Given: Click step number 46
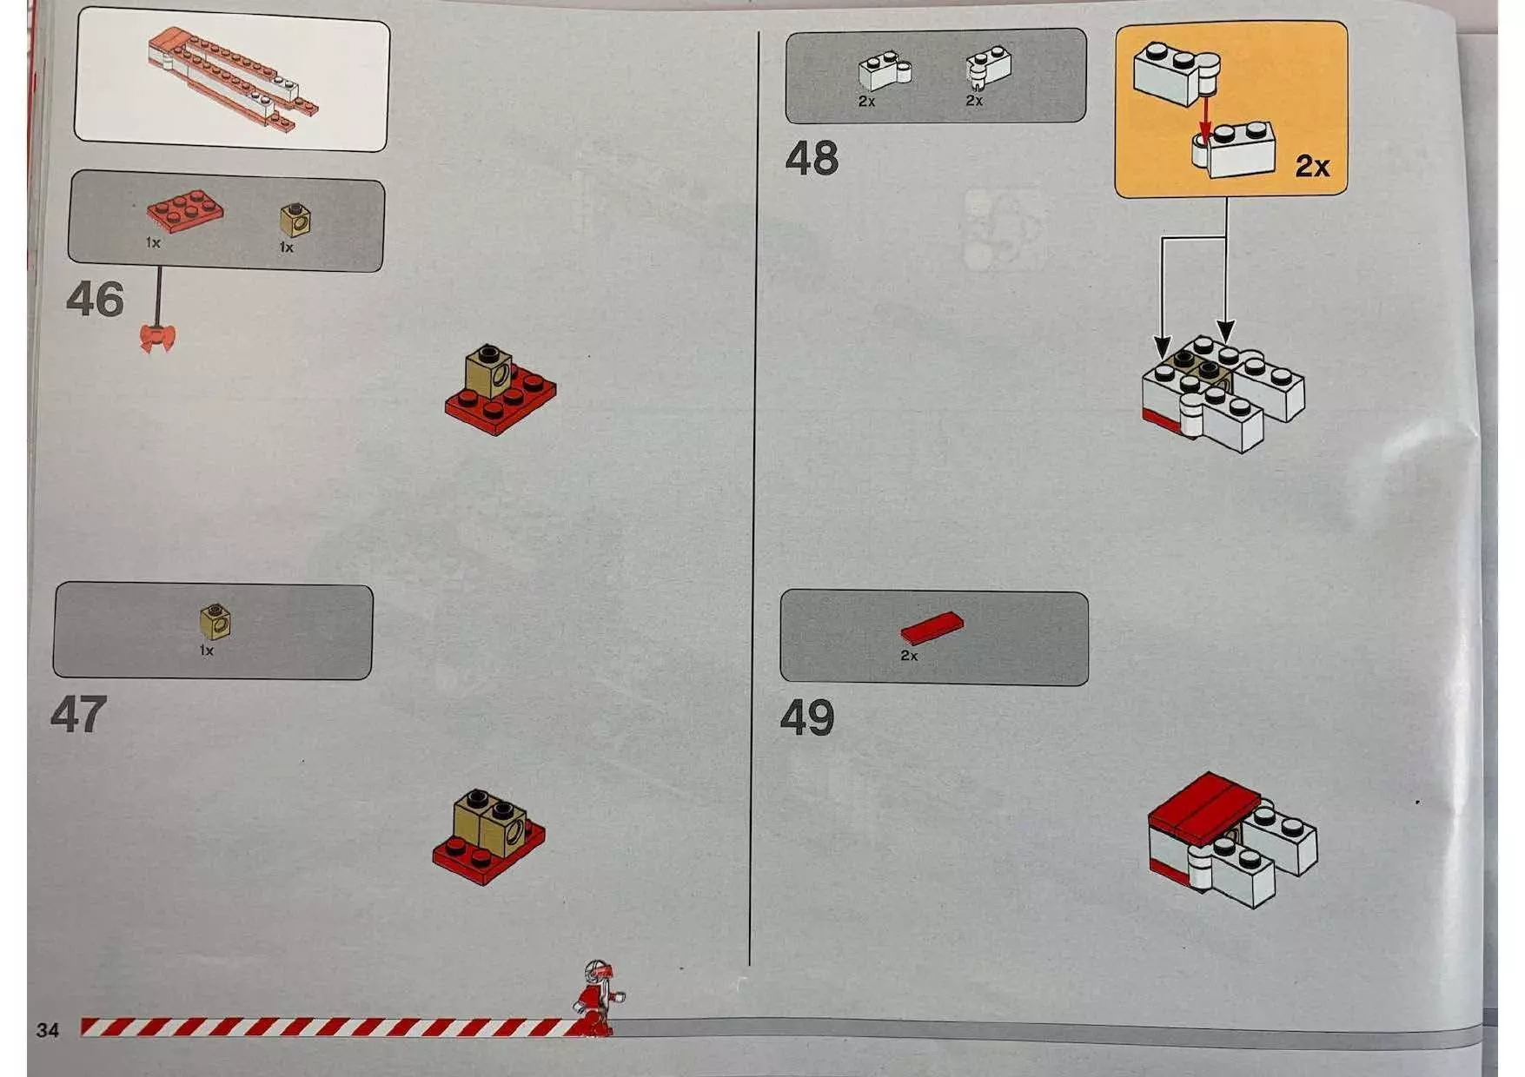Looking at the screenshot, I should [x=95, y=300].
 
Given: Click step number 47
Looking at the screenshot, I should [x=78, y=715].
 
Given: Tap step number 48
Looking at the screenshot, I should [x=812, y=159].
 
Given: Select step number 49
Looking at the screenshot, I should [x=806, y=718].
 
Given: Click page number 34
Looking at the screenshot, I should [x=48, y=1030].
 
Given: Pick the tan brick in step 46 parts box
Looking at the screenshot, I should [x=295, y=220].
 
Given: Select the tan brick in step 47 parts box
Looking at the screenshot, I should [x=215, y=621].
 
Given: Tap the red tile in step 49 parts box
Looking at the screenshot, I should [x=932, y=627].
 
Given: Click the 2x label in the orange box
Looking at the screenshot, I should [x=1311, y=166].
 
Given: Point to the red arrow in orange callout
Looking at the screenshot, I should [x=1204, y=120].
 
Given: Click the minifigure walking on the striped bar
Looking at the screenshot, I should [x=598, y=999].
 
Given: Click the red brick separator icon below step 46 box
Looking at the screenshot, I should [x=157, y=338].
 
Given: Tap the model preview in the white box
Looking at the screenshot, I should [x=233, y=78].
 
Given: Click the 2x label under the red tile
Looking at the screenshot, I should [x=909, y=656].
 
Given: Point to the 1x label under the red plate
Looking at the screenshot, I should [x=153, y=243].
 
